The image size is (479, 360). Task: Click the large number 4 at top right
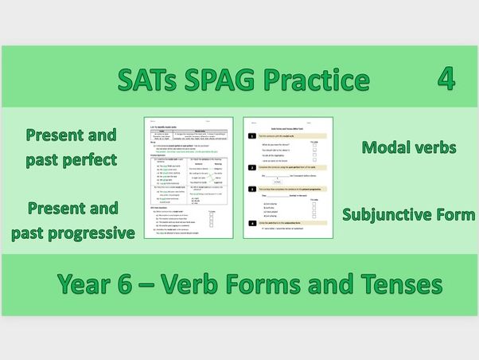pyautogui.click(x=446, y=78)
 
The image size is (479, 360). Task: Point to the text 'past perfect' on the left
pyautogui.click(x=71, y=159)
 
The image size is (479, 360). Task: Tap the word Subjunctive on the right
pyautogui.click(x=384, y=214)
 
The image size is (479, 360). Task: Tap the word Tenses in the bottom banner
pyautogui.click(x=396, y=283)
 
